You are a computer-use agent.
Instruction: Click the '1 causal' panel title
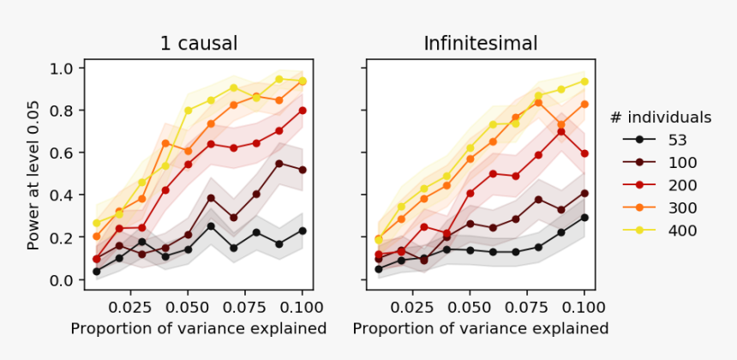click(199, 43)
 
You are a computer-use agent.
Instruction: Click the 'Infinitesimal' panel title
click(480, 43)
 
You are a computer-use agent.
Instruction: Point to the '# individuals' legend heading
click(661, 117)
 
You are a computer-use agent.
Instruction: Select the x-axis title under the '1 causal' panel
click(198, 328)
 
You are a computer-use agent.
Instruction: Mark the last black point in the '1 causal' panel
click(303, 231)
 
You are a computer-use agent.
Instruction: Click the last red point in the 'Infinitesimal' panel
click(584, 153)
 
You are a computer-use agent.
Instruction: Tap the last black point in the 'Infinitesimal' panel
click(584, 218)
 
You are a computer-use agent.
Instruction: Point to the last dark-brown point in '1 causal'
click(303, 170)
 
